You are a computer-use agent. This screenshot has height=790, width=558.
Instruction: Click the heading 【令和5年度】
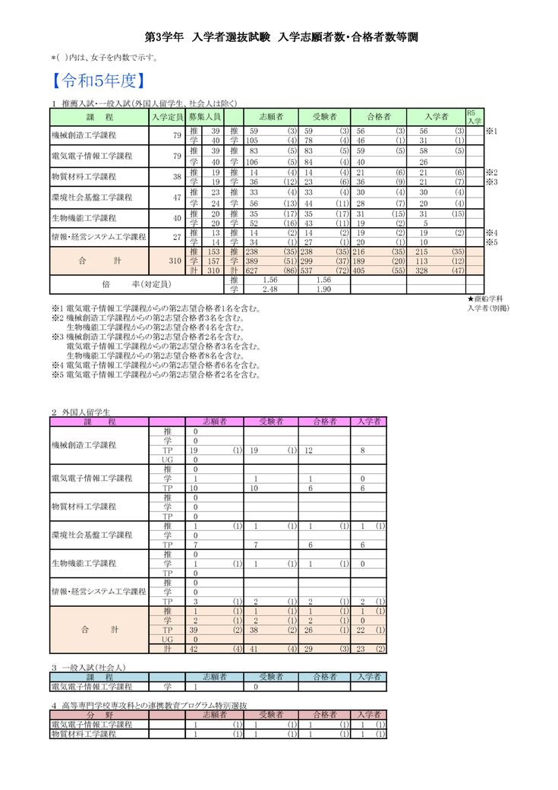[97, 80]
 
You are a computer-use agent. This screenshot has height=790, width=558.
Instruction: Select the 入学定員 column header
[167, 117]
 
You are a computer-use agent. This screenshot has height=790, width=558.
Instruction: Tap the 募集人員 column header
[204, 117]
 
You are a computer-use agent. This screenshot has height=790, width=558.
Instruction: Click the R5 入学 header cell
[474, 116]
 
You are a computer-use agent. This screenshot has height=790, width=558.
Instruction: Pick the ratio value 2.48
[269, 289]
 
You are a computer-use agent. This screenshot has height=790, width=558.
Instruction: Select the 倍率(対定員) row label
[125, 284]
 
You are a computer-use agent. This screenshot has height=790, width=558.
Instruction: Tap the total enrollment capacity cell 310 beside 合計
[174, 261]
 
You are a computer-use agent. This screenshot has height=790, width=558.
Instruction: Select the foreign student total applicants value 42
[196, 649]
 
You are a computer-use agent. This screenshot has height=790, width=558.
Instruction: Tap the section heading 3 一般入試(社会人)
[88, 667]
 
